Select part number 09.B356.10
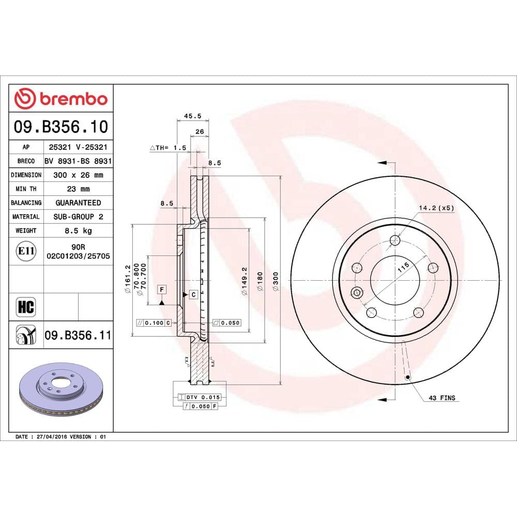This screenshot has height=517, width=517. pyautogui.click(x=61, y=126)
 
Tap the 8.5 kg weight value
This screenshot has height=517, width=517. pyautogui.click(x=78, y=231)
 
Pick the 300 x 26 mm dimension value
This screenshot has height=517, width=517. pyautogui.click(x=78, y=175)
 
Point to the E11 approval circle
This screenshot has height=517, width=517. pyautogui.click(x=26, y=251)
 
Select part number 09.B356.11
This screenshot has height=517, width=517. pyautogui.click(x=78, y=336)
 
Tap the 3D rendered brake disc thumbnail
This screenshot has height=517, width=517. pyautogui.click(x=61, y=391)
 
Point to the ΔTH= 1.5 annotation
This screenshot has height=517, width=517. pyautogui.click(x=168, y=148)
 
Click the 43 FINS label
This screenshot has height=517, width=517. pyautogui.click(x=442, y=398)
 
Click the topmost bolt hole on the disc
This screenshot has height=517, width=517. pyautogui.click(x=396, y=240)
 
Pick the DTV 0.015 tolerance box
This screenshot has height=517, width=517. pyautogui.click(x=199, y=397)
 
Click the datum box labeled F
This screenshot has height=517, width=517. pyautogui.click(x=162, y=288)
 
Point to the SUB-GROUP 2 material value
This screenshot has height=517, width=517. pyautogui.click(x=78, y=217)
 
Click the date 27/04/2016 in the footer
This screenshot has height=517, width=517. pyautogui.click(x=52, y=437)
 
